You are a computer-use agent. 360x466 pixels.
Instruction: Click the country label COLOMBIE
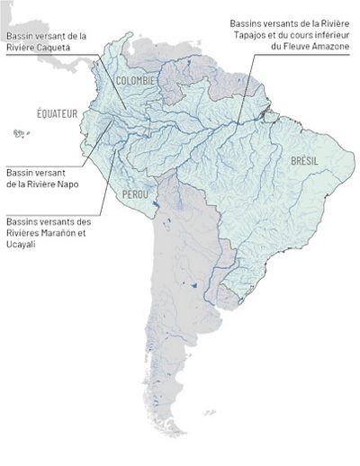tap(137, 80)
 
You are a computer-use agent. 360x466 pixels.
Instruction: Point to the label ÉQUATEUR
tap(57, 113)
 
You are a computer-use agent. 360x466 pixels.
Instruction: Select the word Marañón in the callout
tap(57, 234)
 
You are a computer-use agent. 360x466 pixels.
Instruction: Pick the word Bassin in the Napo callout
tap(20, 171)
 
